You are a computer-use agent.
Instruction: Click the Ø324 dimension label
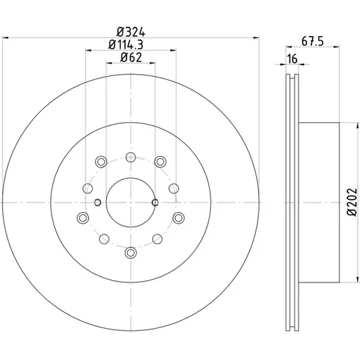(131, 32)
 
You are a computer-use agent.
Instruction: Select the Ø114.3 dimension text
(126, 44)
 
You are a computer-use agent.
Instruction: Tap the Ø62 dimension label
(131, 57)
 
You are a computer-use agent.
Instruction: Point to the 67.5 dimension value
(313, 42)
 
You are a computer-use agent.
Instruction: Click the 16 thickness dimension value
(292, 59)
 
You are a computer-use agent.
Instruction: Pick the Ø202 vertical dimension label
(352, 203)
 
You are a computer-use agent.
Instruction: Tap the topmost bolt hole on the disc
(131, 157)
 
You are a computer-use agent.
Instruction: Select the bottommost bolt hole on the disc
(131, 253)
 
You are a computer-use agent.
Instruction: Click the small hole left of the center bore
(97, 203)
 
